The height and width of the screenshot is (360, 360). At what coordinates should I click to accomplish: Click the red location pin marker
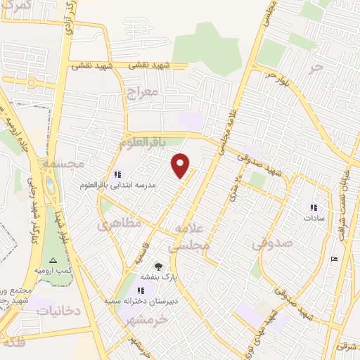point(181,165)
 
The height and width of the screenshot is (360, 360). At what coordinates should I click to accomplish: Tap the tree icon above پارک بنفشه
point(158,266)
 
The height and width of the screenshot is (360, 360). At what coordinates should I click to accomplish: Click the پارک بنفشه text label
point(157,278)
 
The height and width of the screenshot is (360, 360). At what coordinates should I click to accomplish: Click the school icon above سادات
point(314,207)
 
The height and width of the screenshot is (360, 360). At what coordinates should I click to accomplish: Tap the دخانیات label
point(58,310)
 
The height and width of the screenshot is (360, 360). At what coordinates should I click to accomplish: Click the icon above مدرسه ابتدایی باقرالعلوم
point(117,175)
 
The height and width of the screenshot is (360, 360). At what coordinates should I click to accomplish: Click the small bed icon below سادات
point(335,259)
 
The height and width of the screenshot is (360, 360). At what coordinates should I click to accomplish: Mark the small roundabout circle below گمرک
point(32,82)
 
